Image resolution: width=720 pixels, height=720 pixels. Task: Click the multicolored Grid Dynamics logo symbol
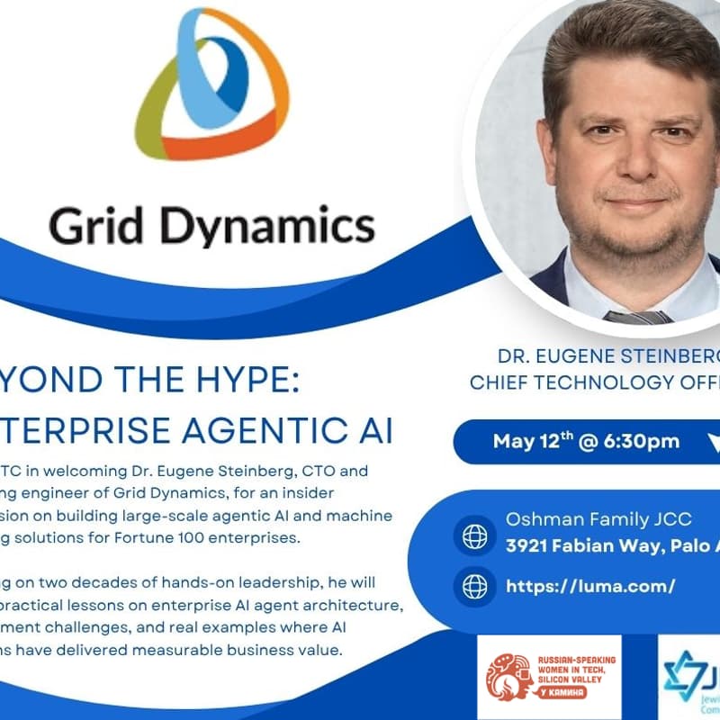212,85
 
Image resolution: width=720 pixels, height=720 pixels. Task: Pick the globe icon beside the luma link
475,586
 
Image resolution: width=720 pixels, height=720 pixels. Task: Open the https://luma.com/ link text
590,587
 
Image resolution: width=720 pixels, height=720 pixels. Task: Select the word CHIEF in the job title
505,382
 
